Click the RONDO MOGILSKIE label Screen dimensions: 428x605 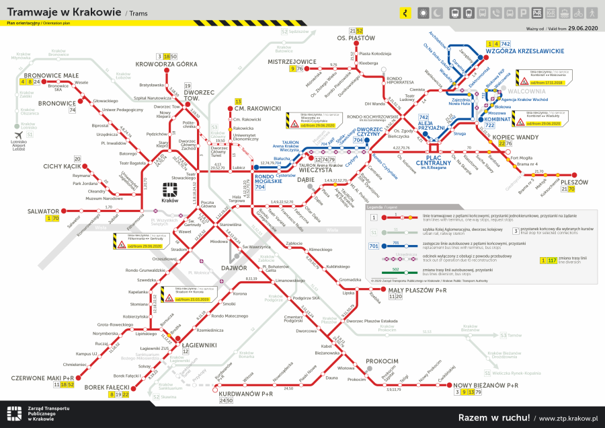click(268, 180)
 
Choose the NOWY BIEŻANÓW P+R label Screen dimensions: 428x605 click(486, 385)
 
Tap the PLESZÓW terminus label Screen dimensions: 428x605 click(573, 182)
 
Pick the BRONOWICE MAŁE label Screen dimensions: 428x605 click(52, 75)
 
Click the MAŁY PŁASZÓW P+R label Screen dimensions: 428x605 click(417, 289)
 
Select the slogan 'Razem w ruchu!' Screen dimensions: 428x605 click(493, 417)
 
